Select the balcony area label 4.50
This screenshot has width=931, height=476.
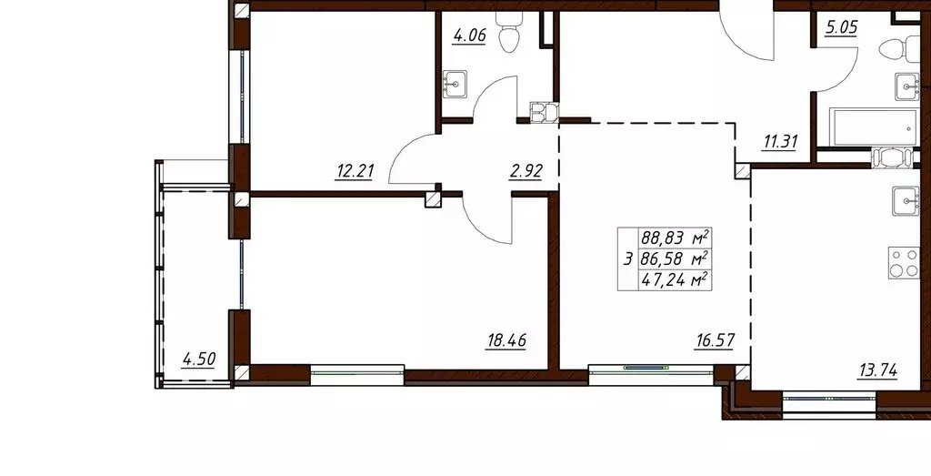199,359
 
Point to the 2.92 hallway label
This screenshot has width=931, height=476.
526,170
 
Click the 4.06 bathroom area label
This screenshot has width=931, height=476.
469,36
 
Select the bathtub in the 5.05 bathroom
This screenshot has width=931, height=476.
874,128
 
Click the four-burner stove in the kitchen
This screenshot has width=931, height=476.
903,263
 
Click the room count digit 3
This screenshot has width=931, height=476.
627,258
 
